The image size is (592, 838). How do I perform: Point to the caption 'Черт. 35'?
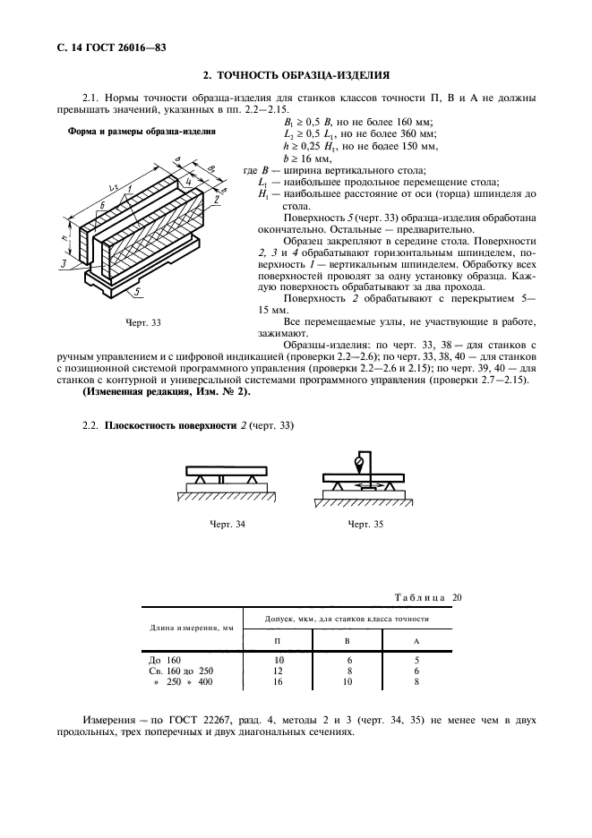365,524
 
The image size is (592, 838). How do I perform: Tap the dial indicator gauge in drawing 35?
359,463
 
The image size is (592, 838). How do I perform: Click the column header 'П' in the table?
278,641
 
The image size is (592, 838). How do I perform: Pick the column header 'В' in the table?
347,641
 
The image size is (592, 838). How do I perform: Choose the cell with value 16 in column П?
278,683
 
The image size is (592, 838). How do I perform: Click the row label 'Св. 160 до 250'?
181,671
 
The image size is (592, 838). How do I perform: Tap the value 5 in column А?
416,659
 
